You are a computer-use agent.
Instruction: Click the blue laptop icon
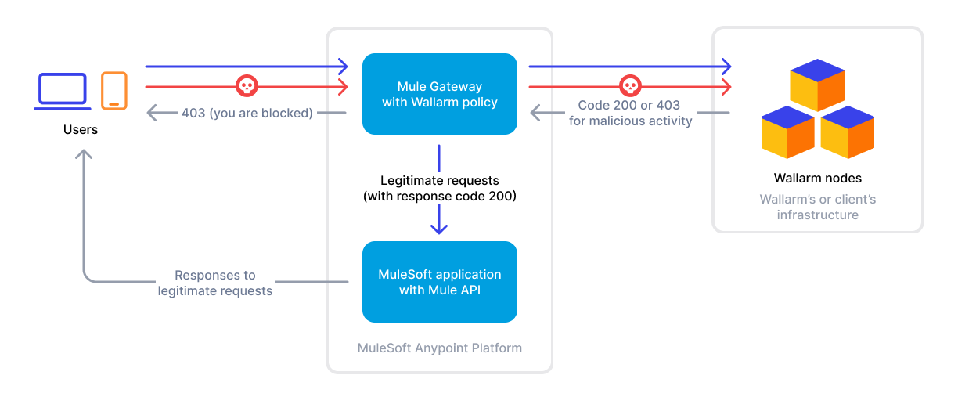[x=62, y=91]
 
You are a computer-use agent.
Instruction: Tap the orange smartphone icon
[x=113, y=90]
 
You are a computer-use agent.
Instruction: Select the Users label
[x=81, y=129]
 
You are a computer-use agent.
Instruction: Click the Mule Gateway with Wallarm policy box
[x=439, y=94]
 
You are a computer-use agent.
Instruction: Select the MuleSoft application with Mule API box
[x=439, y=282]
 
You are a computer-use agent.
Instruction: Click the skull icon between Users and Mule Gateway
[x=247, y=85]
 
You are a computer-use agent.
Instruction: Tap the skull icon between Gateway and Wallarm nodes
[x=630, y=85]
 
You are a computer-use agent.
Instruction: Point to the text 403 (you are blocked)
[x=247, y=113]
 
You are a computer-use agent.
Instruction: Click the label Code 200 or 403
[x=630, y=105]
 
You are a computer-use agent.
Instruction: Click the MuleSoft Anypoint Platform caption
[x=439, y=348]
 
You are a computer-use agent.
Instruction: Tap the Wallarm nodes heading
[x=817, y=178]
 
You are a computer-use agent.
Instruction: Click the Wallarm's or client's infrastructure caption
[x=817, y=207]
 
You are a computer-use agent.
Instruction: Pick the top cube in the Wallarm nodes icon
[x=817, y=84]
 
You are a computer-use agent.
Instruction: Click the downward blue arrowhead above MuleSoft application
[x=439, y=228]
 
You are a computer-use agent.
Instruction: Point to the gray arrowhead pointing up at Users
[x=84, y=154]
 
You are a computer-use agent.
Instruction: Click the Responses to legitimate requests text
[x=215, y=283]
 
